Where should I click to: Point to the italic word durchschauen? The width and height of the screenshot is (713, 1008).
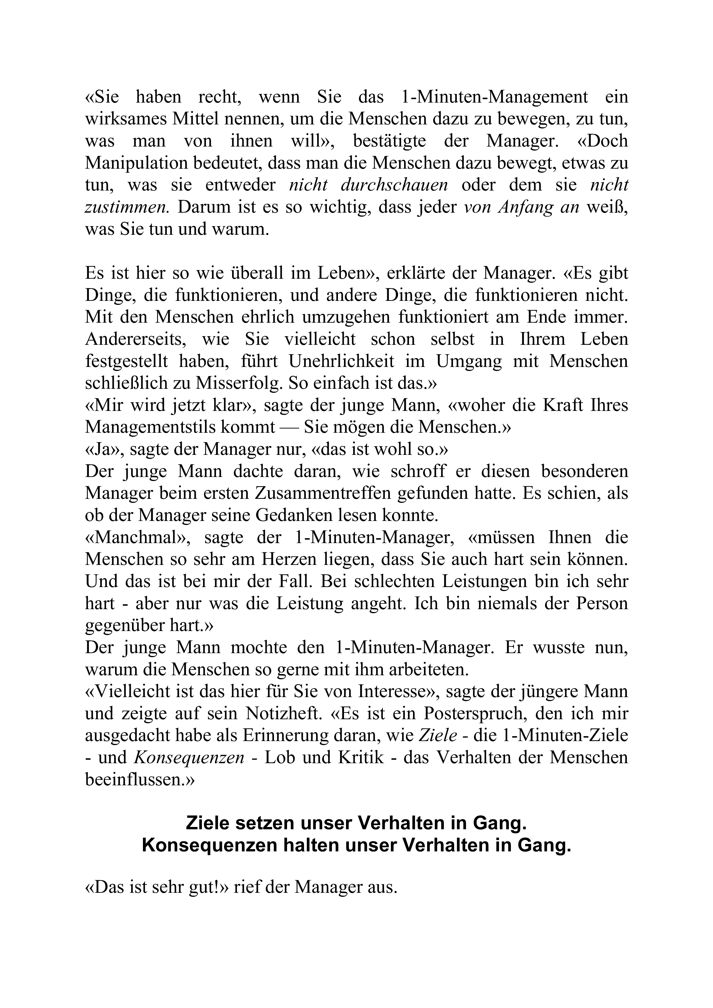[395, 185]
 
